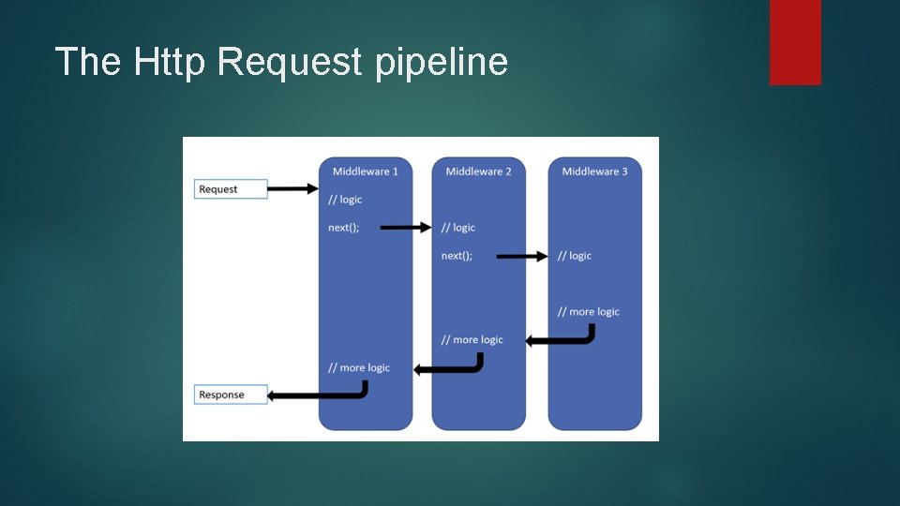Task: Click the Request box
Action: [231, 189]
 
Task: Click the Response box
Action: [231, 394]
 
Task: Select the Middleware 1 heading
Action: [365, 171]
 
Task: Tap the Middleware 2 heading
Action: [478, 171]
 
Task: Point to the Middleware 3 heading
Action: [594, 171]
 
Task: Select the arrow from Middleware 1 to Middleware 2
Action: [405, 227]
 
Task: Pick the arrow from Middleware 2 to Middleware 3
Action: [521, 255]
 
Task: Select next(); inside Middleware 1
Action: [343, 228]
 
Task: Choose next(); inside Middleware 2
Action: [457, 256]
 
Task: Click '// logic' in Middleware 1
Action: [345, 200]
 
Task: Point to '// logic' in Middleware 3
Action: [574, 256]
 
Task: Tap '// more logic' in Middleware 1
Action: [359, 367]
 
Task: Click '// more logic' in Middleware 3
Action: [588, 311]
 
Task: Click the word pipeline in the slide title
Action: [441, 62]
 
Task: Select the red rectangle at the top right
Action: [795, 41]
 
